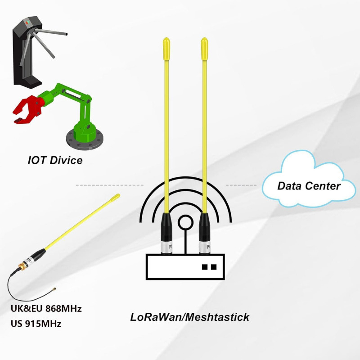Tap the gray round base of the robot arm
pyautogui.click(x=85, y=139)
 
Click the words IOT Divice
pyautogui.click(x=55, y=160)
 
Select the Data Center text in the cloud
pyautogui.click(x=309, y=186)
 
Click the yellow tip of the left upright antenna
pyautogui.click(x=166, y=49)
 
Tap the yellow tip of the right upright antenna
pyautogui.click(x=204, y=49)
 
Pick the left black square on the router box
pyautogui.click(x=205, y=267)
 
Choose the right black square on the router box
pyautogui.click(x=214, y=267)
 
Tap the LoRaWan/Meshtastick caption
pyautogui.click(x=189, y=317)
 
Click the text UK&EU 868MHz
pyautogui.click(x=46, y=308)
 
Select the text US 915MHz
pyautogui.click(x=36, y=324)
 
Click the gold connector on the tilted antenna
pyautogui.click(x=22, y=266)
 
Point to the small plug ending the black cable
pyautogui.click(x=54, y=289)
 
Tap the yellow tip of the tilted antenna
pyautogui.click(x=115, y=198)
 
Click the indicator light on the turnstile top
pyautogui.click(x=27, y=22)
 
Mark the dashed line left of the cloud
pyautogui.click(x=241, y=185)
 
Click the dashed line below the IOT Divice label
pyautogui.click(x=109, y=185)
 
